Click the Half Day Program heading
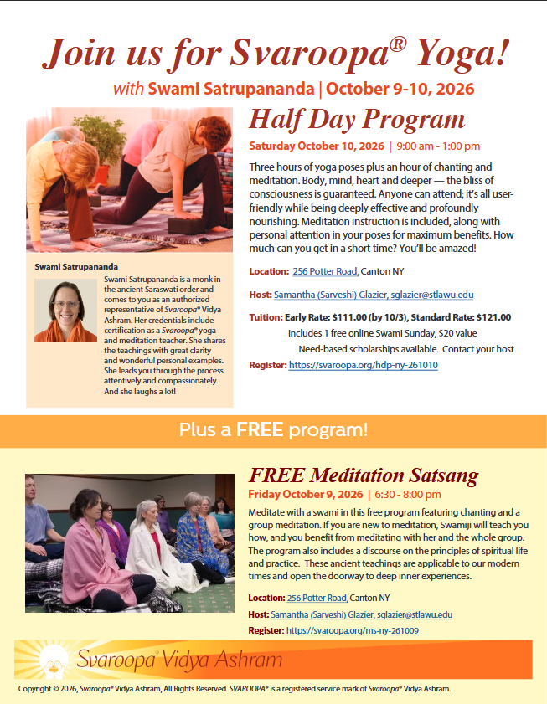coord(356,120)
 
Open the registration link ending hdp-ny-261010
coord(363,366)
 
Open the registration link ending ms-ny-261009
coord(352,630)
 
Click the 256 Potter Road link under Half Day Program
coord(326,271)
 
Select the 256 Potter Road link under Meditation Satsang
coord(317,598)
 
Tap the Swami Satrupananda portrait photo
coord(65,310)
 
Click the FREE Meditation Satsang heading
coord(364,476)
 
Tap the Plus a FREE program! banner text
coord(273,431)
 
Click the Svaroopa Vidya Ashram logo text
coord(178,660)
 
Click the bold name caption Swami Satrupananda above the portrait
coord(70,267)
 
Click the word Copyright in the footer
coord(36,689)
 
